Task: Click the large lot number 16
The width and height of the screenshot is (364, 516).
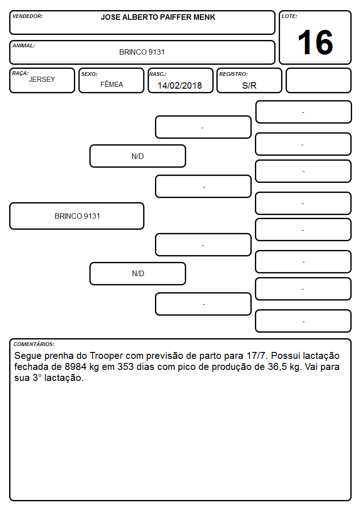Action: click(x=315, y=42)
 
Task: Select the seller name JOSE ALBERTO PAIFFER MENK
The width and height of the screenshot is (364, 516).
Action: click(x=158, y=17)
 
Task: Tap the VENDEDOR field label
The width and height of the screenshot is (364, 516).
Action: click(x=28, y=16)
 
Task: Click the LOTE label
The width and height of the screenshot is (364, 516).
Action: click(x=289, y=16)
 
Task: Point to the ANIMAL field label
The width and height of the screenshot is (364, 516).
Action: click(x=24, y=46)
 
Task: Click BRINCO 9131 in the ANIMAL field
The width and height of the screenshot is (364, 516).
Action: click(x=142, y=52)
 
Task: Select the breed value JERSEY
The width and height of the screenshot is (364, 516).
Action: click(x=42, y=79)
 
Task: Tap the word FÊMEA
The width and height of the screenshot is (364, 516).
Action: click(x=111, y=84)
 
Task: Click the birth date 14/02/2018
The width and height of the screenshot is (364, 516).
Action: click(x=180, y=85)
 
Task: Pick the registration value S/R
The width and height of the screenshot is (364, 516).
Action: click(x=249, y=85)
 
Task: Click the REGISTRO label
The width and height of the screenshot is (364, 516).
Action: click(x=233, y=74)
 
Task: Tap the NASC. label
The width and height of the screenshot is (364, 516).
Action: click(x=158, y=74)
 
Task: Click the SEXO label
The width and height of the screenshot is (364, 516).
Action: click(x=89, y=74)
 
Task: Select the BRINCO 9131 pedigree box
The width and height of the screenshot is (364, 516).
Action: click(x=77, y=216)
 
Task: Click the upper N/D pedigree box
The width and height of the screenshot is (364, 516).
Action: click(x=138, y=156)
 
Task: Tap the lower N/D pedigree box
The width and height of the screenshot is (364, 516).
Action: click(x=138, y=273)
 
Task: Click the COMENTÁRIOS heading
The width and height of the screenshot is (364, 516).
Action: click(x=34, y=344)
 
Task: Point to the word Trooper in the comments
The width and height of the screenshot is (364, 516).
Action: click(x=106, y=356)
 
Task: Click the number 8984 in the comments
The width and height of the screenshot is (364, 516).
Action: click(x=76, y=367)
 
